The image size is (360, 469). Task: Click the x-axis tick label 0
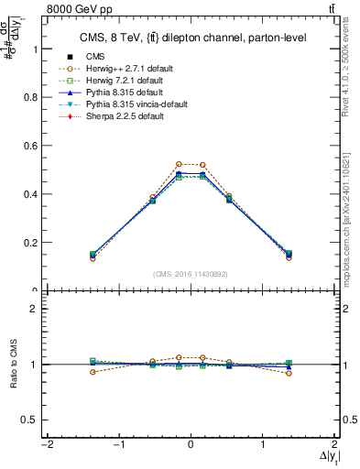191,444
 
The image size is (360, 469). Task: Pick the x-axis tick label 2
334,444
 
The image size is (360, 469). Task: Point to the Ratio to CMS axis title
12,365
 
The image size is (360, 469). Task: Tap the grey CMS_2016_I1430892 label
191,274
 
